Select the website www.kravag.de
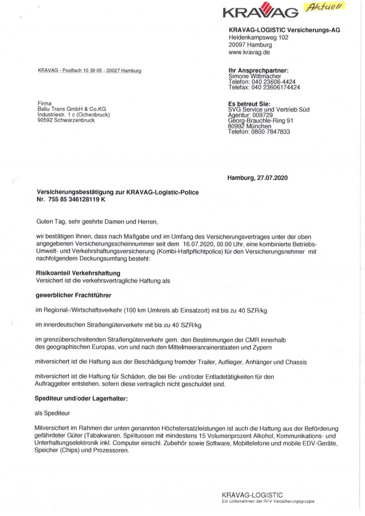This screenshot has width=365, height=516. (x=251, y=52)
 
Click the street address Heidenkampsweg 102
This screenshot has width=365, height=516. (x=259, y=38)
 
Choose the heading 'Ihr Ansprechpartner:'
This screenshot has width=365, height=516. (x=258, y=71)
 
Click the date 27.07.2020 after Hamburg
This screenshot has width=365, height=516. (x=271, y=178)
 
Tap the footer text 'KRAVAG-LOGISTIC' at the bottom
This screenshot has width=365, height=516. (x=252, y=495)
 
